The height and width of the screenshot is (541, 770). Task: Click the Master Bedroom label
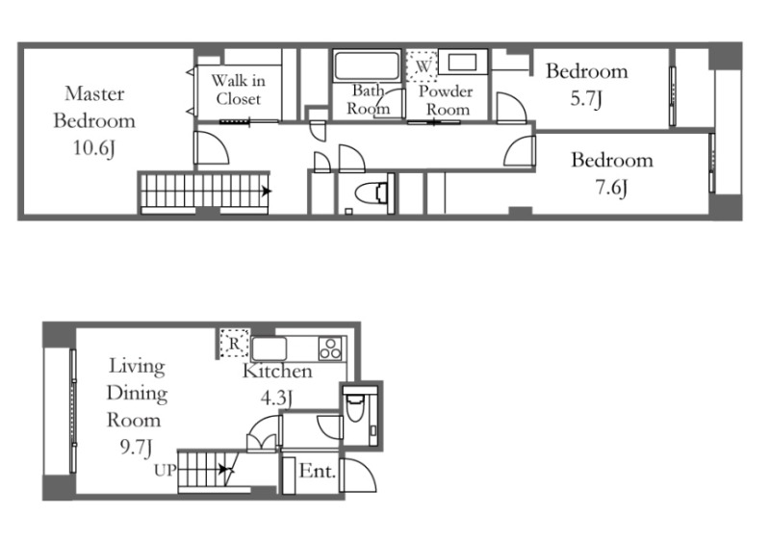point(94,107)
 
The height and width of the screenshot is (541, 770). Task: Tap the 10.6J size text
point(94,148)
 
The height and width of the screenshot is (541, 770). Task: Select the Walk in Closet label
point(239,90)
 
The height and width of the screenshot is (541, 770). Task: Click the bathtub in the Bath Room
point(367,65)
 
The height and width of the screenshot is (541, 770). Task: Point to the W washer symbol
point(422,65)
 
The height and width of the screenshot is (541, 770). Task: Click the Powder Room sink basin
point(463,63)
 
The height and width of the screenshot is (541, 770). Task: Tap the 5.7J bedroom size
point(586,99)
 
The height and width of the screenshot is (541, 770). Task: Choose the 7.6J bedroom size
point(611,188)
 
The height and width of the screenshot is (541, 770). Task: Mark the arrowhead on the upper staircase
point(267,191)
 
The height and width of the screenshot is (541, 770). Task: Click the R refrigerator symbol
point(234,343)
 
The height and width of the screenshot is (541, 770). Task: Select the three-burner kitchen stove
point(330,348)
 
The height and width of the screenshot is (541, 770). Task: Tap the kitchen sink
point(269,348)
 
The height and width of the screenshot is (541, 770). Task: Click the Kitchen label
point(277,371)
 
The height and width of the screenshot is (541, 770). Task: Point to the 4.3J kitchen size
point(276,398)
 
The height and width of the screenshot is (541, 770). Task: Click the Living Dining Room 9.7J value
point(136,448)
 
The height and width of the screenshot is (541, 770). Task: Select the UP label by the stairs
point(165,471)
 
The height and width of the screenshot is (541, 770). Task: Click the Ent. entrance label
point(318,472)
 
